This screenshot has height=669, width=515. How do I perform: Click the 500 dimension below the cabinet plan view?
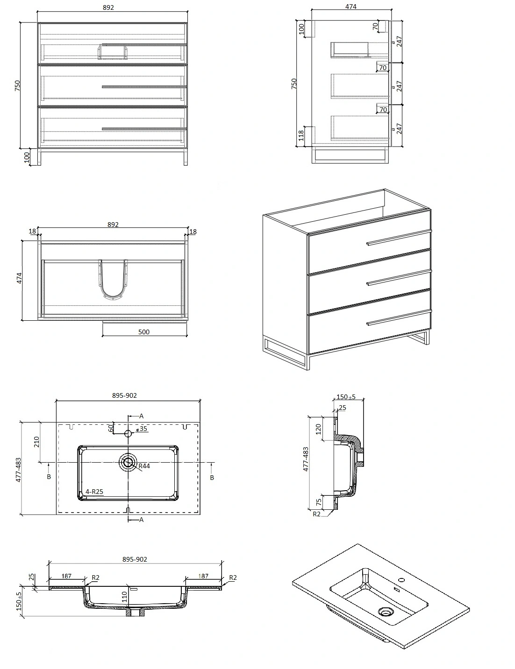[144, 332]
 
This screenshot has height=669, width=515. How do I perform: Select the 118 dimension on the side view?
[301, 135]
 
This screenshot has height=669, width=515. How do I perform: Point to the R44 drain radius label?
[144, 466]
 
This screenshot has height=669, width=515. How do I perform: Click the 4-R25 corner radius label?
[94, 492]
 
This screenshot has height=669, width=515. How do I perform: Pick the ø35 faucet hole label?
[142, 429]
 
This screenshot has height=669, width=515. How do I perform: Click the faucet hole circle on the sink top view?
[128, 434]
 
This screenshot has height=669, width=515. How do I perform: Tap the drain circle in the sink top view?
[128, 462]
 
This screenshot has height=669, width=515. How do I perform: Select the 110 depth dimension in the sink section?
[124, 597]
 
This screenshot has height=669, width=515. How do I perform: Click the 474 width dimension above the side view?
[350, 7]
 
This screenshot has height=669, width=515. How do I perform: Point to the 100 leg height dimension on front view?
[27, 157]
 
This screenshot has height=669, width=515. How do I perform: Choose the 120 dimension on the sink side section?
[318, 429]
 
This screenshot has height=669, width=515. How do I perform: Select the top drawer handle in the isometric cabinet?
[399, 238]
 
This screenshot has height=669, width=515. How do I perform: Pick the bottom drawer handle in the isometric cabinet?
[399, 318]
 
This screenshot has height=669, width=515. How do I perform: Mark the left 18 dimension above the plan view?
[32, 231]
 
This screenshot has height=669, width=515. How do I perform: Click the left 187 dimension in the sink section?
[66, 576]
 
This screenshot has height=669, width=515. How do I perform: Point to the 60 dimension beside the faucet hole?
[111, 428]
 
